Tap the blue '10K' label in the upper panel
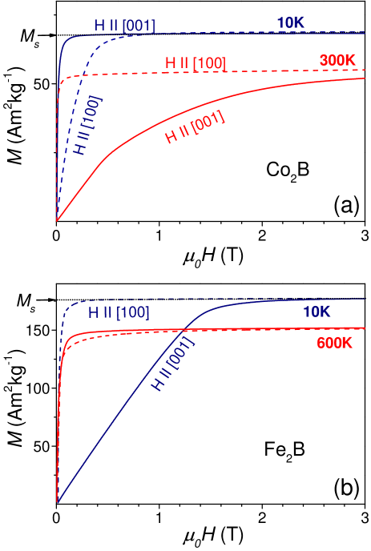pos(290,22)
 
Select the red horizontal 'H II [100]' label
pos(196,62)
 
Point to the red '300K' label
pos(337,60)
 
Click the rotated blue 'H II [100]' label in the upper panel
pos(87,127)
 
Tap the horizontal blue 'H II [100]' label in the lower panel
pos(119,312)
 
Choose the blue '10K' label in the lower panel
pos(317,312)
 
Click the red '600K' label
pos(334,343)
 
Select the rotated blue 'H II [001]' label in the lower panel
pos(173,364)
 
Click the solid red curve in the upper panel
pos(240,95)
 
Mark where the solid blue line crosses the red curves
pos(187,330)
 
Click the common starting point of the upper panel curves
pos(57,219)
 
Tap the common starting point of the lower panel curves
pos(57,502)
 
